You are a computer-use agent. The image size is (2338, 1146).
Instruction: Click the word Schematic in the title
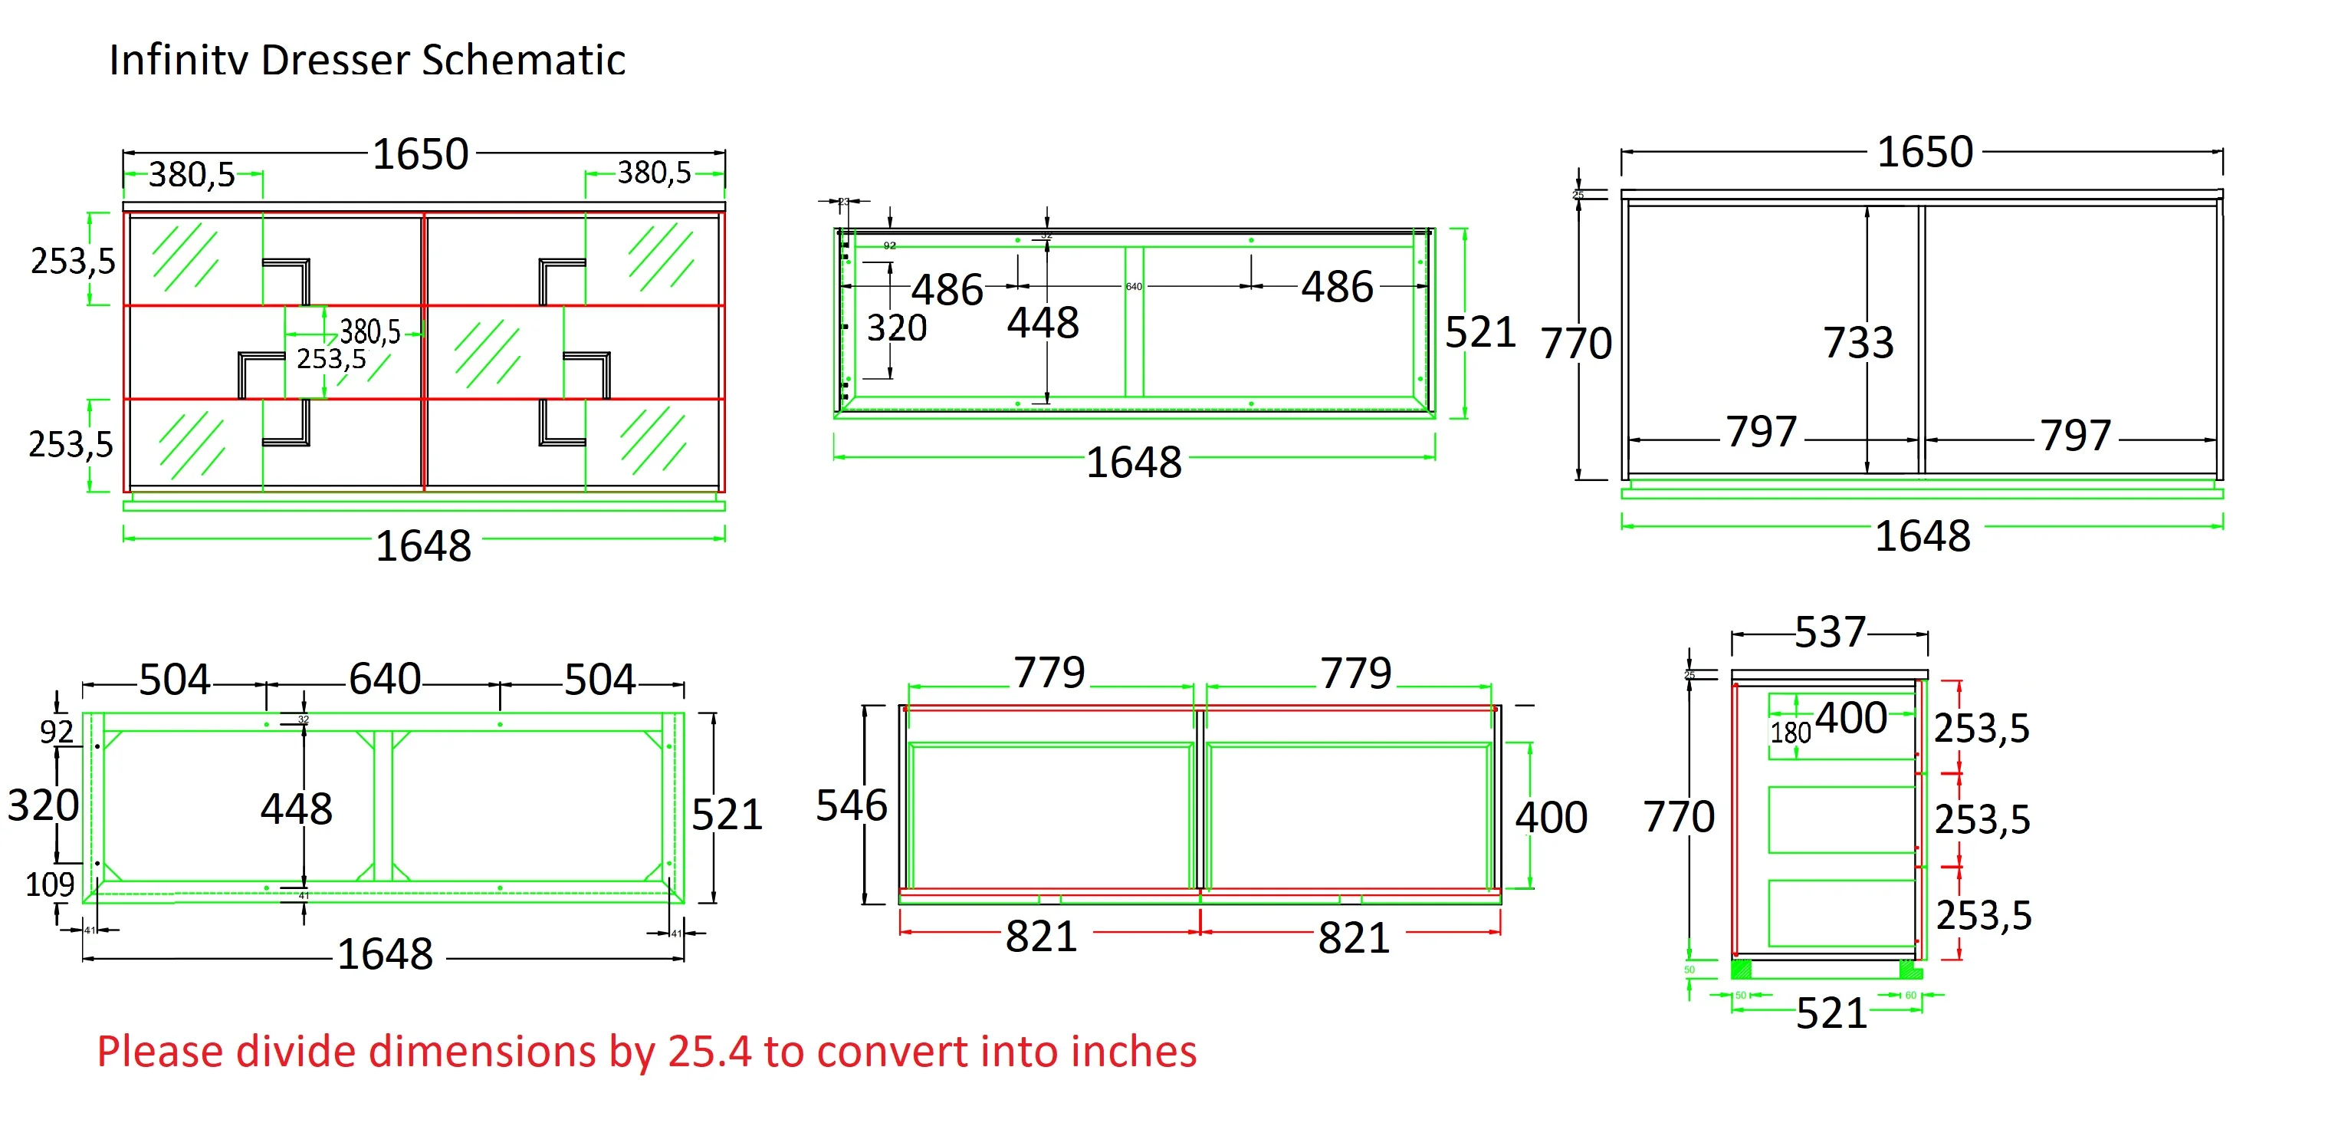pos(523,61)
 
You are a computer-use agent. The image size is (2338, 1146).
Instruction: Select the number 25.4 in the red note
pos(709,1052)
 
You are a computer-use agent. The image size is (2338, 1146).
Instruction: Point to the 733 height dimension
pos(1858,343)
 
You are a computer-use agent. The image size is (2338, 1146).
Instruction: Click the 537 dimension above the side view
pos(1829,633)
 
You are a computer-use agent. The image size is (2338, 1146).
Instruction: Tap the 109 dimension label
pos(49,884)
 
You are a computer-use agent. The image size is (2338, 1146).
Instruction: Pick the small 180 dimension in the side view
pos(1790,732)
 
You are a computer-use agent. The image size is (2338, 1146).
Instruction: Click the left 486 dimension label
pos(947,291)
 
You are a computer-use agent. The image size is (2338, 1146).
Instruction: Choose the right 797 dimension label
pos(2075,436)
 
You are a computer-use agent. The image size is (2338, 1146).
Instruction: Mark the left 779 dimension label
pos(1049,673)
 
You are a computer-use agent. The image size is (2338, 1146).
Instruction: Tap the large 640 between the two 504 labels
pos(384,680)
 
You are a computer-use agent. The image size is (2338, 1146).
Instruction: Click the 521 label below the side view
pos(1831,1013)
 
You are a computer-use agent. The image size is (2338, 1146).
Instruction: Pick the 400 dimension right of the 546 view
pos(1550,817)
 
